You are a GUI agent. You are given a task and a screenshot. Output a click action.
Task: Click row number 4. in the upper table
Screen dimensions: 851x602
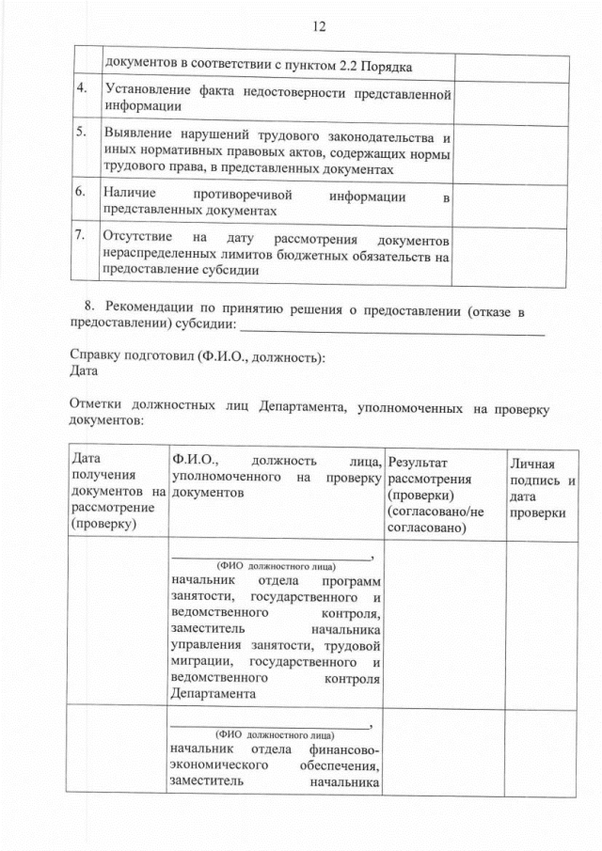[82, 90]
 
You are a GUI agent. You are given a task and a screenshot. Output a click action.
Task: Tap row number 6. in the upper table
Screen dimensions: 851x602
[82, 191]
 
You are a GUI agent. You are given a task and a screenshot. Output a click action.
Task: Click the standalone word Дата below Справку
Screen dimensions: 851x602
[86, 372]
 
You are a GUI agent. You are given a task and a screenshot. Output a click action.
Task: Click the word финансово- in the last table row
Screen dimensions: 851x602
[342, 749]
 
